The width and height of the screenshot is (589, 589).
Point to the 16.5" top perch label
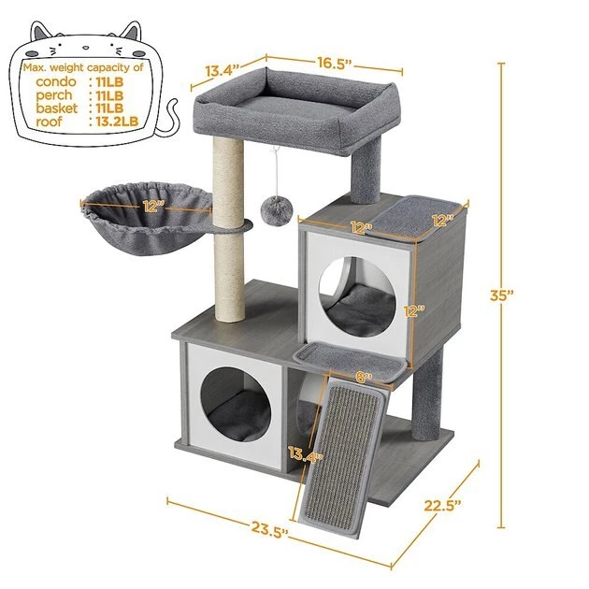[332, 65]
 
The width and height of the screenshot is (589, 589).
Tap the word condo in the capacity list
[56, 82]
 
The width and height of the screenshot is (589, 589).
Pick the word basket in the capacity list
[56, 108]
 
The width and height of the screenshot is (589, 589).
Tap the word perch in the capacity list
[55, 95]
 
